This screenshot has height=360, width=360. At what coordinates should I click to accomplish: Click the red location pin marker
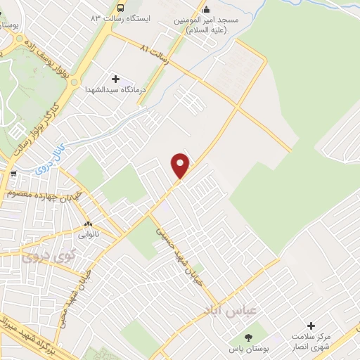coord(181,165)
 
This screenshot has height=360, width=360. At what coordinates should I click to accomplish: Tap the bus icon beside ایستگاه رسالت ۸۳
coord(120,7)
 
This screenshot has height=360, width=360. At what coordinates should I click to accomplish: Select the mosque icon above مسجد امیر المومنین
coord(206,10)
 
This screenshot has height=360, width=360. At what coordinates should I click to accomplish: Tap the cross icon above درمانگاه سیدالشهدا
coord(116,79)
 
